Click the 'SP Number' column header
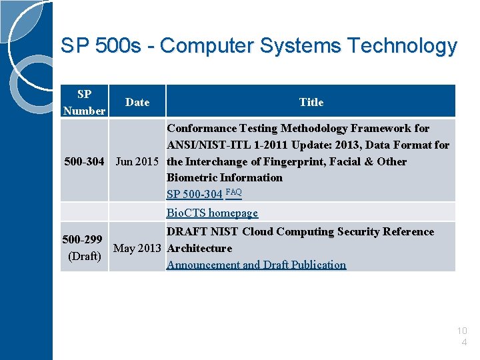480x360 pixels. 84,102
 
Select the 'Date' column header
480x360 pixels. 137,102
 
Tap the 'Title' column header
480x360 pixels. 311,102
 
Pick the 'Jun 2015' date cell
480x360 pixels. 137,161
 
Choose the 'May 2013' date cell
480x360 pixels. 137,248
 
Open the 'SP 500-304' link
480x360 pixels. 195,194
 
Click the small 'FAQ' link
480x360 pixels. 233,192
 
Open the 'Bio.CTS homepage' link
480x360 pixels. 212,213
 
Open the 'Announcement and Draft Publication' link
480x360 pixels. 256,265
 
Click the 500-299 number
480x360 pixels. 82,239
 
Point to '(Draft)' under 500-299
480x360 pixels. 85,256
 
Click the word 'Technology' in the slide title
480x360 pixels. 403,46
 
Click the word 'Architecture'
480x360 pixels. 199,248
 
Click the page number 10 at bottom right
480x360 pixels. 463,331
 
